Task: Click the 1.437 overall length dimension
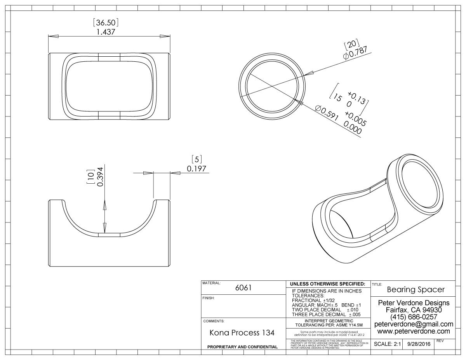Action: pos(106,32)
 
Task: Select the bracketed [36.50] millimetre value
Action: pos(106,23)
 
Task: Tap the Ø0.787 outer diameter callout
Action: pos(355,52)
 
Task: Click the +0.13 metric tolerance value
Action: pos(356,98)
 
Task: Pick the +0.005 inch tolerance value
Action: pos(356,119)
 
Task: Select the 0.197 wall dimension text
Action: pos(196,169)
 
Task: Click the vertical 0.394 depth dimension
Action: pos(100,177)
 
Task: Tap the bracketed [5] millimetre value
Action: pos(196,159)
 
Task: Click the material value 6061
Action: pos(243,288)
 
